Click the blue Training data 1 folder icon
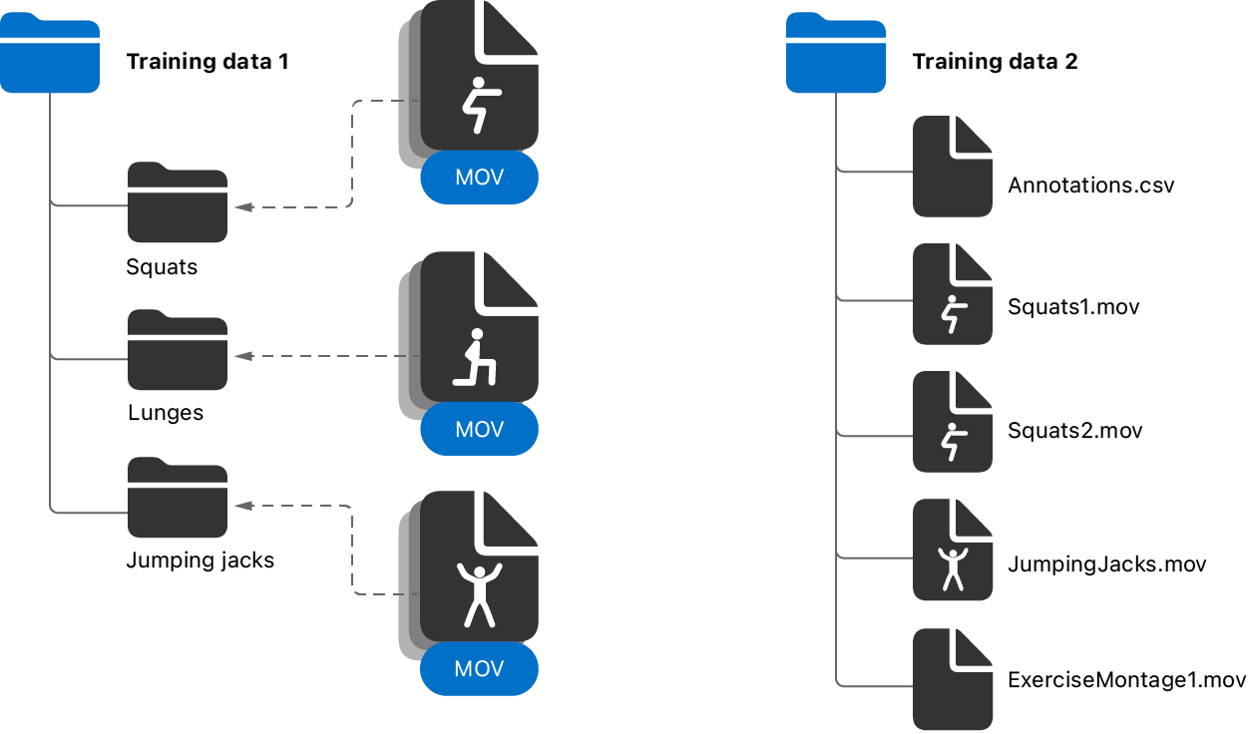point(50,55)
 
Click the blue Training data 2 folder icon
point(836,55)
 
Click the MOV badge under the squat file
point(479,179)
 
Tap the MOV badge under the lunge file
point(479,431)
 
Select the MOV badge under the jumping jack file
point(479,669)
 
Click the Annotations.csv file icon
point(953,167)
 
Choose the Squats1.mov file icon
point(953,295)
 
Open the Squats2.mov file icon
point(953,423)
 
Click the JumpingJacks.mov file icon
point(953,550)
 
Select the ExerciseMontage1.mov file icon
point(953,679)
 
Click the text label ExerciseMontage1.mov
point(1127,681)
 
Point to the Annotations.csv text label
point(1091,185)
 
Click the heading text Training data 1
point(208,62)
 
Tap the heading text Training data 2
point(995,62)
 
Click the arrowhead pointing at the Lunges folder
point(240,356)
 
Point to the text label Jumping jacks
point(200,560)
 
